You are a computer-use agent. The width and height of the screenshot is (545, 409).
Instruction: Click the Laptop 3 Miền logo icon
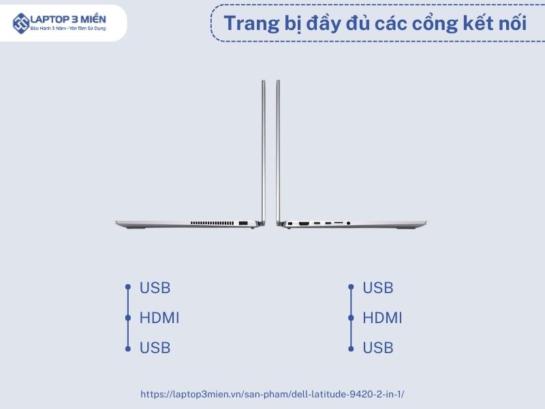tap(21, 23)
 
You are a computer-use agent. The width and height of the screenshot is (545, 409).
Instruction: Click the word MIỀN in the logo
tap(93, 19)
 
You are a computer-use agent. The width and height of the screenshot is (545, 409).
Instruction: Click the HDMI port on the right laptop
tap(304, 223)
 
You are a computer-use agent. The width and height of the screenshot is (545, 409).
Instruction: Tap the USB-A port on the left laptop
tap(243, 223)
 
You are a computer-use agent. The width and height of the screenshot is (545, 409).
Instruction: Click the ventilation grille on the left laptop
tap(212, 223)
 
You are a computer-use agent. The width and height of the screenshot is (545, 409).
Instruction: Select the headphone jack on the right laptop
tap(348, 224)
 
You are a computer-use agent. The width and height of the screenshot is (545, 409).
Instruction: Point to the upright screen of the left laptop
tap(264, 151)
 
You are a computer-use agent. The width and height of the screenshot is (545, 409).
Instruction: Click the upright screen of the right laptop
tap(278, 151)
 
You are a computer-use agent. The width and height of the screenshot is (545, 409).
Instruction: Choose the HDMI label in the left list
tap(159, 318)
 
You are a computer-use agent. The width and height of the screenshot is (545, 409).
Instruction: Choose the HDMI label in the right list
tap(382, 318)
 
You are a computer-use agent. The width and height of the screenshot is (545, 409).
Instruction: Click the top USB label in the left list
tap(155, 288)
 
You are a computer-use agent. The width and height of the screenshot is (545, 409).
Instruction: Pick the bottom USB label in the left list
tap(155, 348)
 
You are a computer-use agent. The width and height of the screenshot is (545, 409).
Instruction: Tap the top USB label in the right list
tap(378, 288)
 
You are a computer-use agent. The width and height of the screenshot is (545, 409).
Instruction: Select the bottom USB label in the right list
tap(378, 348)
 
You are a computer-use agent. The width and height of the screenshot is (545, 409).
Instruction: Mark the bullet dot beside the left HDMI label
tap(128, 318)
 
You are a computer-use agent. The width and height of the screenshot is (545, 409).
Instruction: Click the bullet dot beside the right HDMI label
tap(351, 318)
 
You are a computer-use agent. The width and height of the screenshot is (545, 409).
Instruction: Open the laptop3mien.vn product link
tap(272, 395)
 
